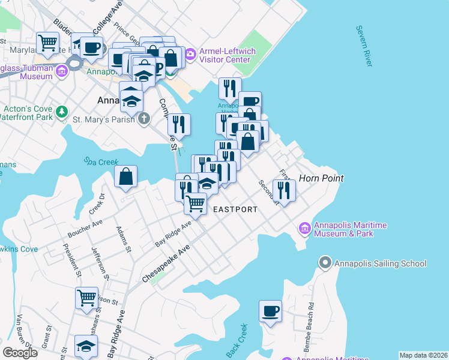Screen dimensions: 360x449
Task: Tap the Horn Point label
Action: (321, 178)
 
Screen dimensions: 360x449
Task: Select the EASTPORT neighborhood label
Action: (235, 209)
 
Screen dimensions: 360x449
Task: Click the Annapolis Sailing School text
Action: (381, 263)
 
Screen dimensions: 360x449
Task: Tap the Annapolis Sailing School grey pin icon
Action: (325, 263)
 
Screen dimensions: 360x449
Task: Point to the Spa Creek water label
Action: (98, 161)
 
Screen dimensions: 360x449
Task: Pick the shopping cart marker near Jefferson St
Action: (86, 297)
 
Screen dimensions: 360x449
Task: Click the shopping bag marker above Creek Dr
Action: (126, 176)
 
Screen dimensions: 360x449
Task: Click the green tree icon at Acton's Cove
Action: (61, 112)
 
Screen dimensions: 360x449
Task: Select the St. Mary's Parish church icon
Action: (143, 119)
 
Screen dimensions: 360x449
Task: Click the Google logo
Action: (20, 353)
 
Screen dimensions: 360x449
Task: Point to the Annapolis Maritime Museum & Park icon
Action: (304, 229)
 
